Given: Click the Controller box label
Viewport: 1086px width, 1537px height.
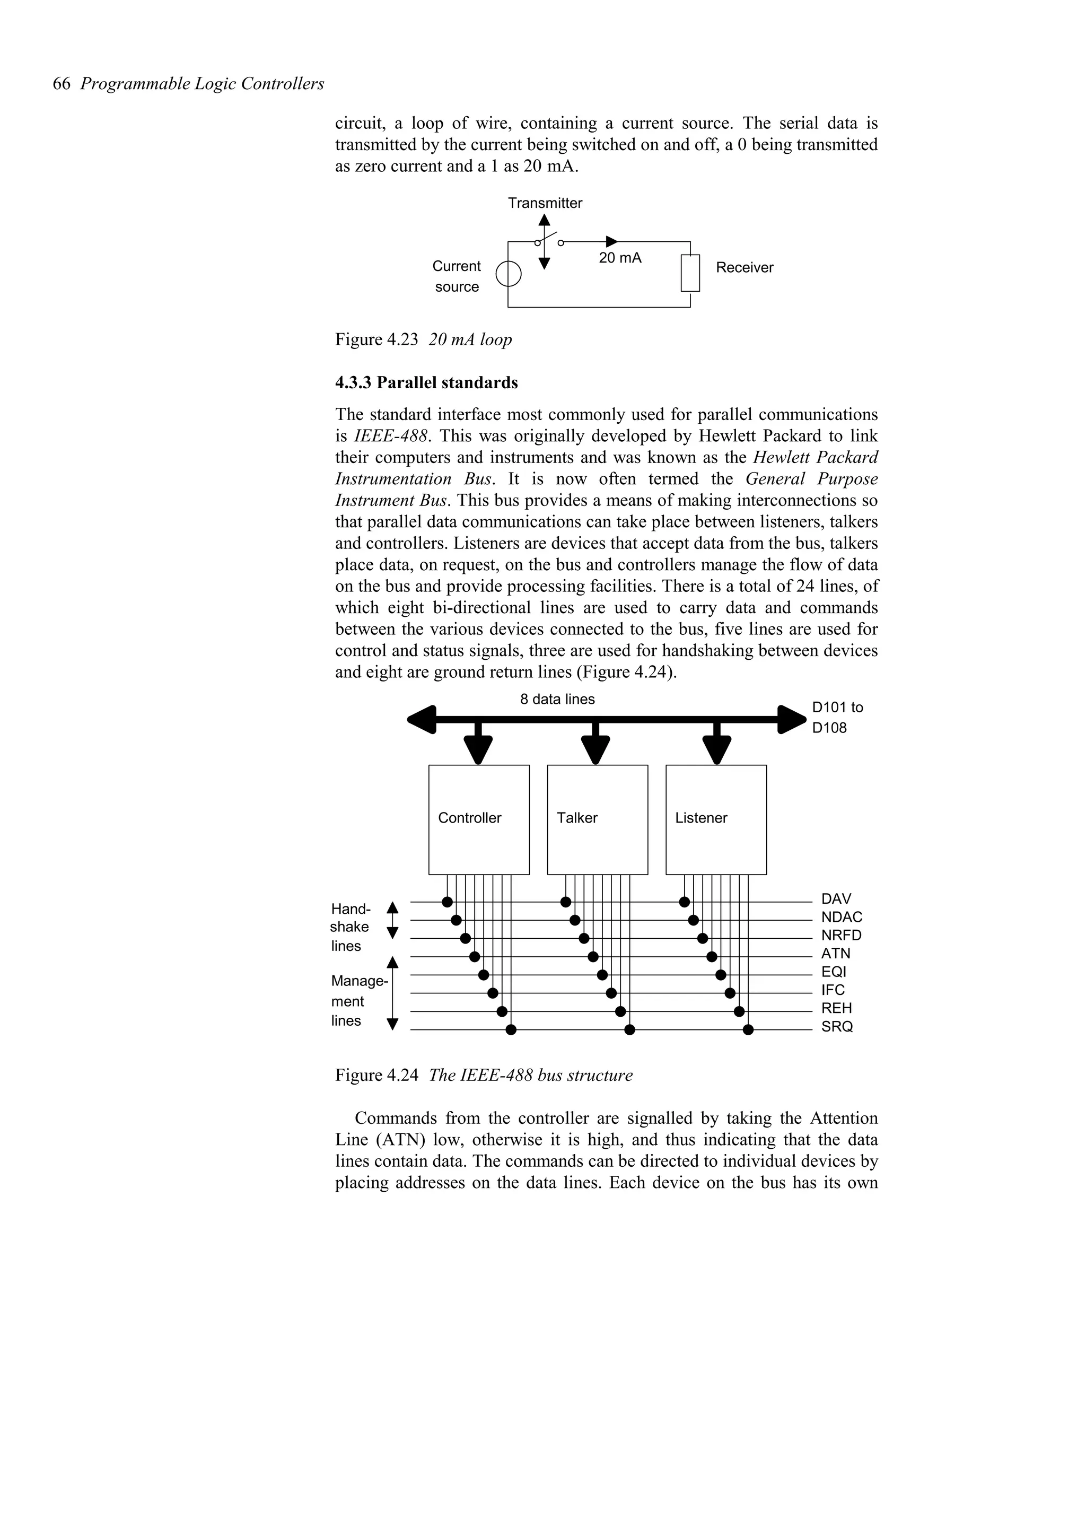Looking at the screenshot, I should coord(469,817).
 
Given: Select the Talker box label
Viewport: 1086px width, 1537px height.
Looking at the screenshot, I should coord(577,817).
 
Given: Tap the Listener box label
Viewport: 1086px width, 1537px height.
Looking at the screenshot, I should coord(700,817).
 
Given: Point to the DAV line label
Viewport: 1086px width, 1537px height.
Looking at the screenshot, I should coord(836,899).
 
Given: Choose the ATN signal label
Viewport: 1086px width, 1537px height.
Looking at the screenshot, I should coord(835,953).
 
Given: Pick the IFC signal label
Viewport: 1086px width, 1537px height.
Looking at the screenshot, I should coord(833,990).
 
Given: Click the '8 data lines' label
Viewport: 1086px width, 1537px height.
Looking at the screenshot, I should coord(557,699).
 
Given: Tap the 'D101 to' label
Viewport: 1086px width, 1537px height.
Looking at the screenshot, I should coord(837,707).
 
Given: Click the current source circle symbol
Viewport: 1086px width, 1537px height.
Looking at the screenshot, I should coord(509,274).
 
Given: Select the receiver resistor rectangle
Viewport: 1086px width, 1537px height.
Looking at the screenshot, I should coord(690,273).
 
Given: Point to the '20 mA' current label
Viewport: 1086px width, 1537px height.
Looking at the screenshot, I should coord(619,258).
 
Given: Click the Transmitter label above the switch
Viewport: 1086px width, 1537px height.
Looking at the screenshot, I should coord(545,203).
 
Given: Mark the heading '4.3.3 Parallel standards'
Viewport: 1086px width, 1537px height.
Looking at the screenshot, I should coord(426,382).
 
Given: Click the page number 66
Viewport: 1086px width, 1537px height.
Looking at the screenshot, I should coord(61,84).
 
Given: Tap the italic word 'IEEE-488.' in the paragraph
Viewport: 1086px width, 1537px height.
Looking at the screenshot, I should coord(391,436).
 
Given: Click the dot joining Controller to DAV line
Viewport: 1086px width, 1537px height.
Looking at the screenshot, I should coord(447,902).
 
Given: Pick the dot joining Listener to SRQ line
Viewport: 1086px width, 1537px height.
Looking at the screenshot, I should coord(748,1029).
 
